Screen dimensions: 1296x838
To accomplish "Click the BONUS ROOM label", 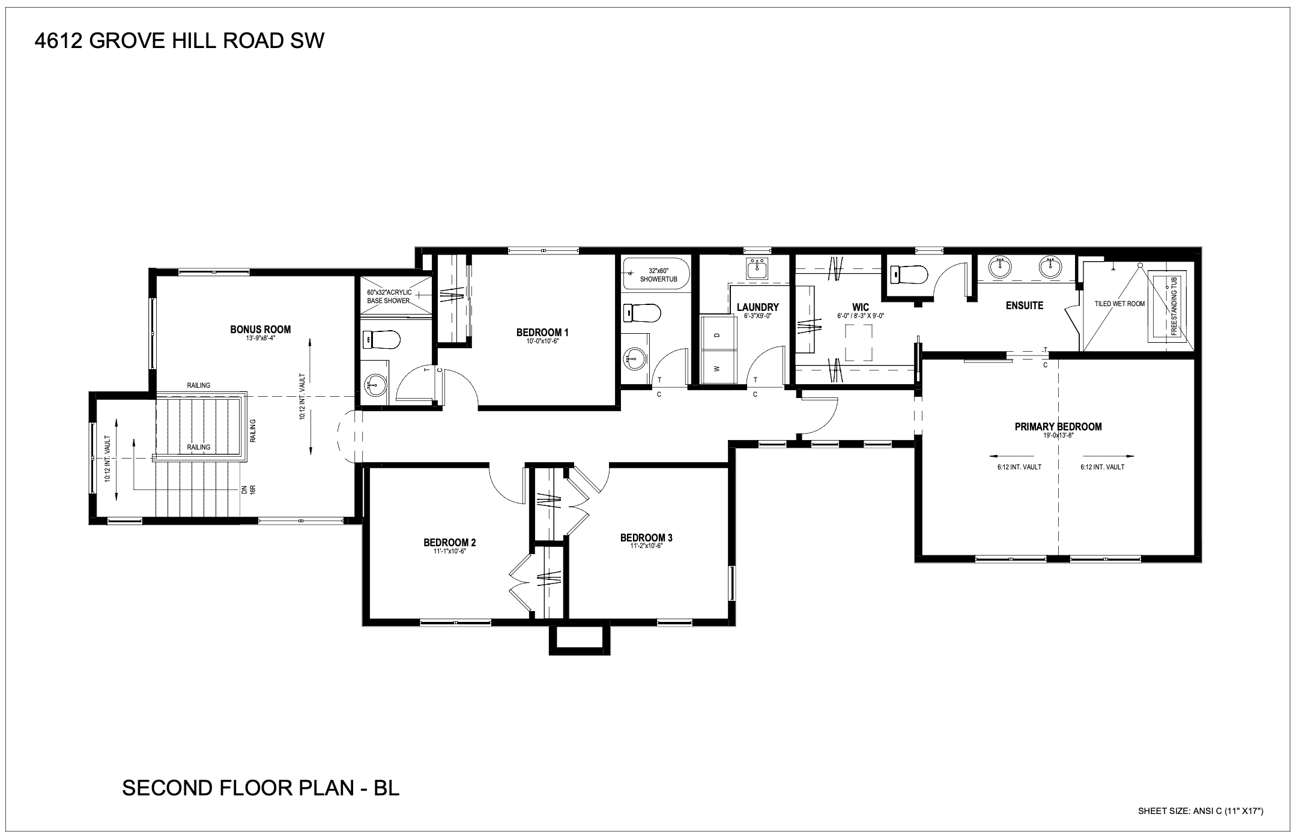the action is [260, 330].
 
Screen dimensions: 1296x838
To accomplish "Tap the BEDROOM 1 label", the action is [542, 333].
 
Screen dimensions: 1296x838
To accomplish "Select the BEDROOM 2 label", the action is [449, 543].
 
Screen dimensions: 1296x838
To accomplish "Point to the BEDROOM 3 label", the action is [646, 537].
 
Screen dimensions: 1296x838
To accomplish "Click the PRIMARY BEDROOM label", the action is [1058, 427].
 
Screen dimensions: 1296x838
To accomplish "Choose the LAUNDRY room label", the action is [757, 307].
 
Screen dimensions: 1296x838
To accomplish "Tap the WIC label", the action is [861, 307].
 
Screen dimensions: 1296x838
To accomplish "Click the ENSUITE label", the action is [1025, 306].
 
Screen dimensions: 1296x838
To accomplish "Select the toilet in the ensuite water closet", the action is [910, 275].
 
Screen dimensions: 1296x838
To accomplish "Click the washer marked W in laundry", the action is [719, 367].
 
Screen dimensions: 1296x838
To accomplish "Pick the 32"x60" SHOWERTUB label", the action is [658, 275].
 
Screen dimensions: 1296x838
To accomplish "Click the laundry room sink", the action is [757, 270].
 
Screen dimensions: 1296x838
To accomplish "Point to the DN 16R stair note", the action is [249, 489].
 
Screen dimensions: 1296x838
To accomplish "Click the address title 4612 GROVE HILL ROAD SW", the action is [179, 41].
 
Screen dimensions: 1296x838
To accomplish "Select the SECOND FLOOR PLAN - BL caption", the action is [261, 788].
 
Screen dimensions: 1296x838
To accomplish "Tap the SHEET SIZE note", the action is [1201, 812].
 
